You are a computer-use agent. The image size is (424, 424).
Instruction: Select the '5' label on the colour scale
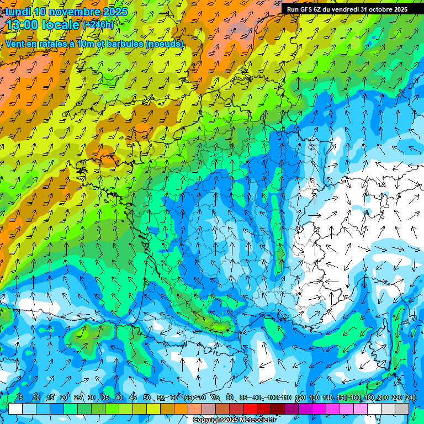(x=21, y=397)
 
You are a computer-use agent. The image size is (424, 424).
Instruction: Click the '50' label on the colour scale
(x=147, y=397)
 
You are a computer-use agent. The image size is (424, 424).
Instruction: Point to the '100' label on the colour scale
(x=273, y=397)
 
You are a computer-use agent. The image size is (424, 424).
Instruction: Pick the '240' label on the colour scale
(x=411, y=397)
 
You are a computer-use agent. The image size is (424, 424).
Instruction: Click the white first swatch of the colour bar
(x=15, y=409)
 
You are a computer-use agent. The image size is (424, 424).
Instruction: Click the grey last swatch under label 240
(x=402, y=409)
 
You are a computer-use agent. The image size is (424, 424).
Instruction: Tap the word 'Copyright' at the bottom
(x=208, y=420)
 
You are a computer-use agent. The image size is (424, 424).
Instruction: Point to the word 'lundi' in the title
(x=18, y=12)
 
